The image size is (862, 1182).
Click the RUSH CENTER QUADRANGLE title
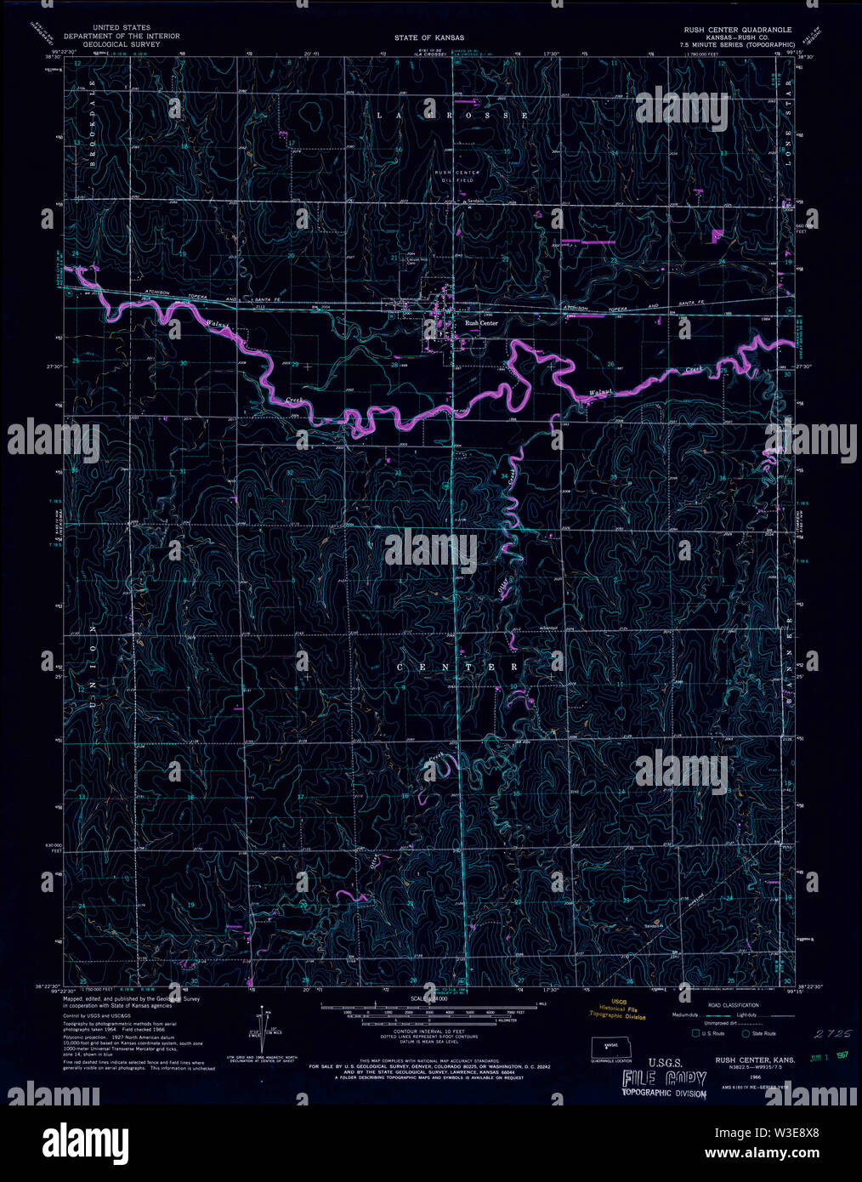pyautogui.click(x=738, y=29)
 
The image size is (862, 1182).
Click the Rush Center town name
pyautogui.click(x=481, y=323)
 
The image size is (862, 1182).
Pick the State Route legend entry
pyautogui.click(x=758, y=1033)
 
